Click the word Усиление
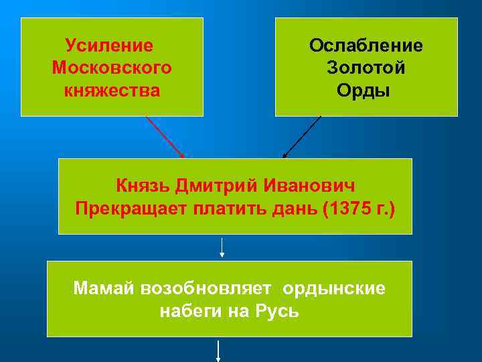(109, 46)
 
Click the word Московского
(112, 68)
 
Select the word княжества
(112, 90)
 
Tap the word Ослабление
(366, 46)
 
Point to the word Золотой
(366, 68)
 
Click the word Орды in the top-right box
(366, 90)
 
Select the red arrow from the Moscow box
(165, 137)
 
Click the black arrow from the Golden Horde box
(302, 137)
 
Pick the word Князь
(143, 185)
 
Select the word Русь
(275, 311)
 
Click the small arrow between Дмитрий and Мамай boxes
(222, 247)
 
